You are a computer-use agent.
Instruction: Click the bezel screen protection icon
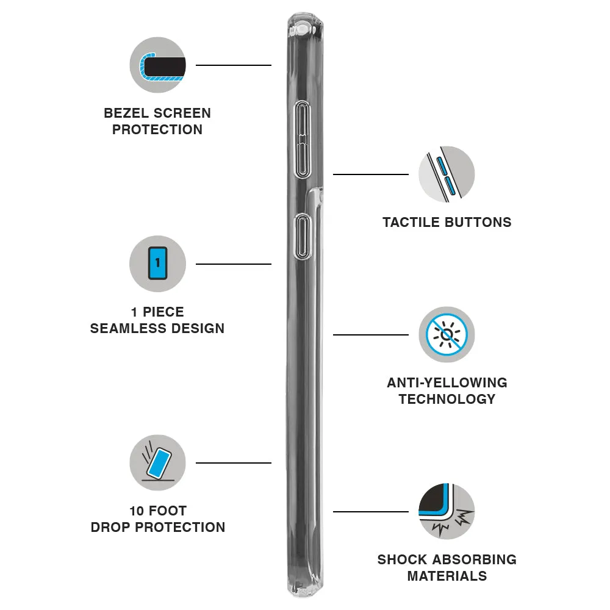(x=157, y=65)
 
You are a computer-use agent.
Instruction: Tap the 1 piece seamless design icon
(x=157, y=264)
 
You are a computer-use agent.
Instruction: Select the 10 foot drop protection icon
(x=157, y=462)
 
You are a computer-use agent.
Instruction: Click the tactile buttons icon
(x=447, y=174)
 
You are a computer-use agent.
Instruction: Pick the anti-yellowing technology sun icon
(x=447, y=334)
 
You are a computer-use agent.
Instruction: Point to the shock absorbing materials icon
(x=447, y=511)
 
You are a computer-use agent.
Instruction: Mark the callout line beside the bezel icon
(x=233, y=65)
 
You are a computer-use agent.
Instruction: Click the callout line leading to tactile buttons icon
(x=370, y=174)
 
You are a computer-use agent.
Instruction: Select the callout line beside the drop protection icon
(x=233, y=462)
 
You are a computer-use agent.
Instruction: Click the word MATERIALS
(x=447, y=576)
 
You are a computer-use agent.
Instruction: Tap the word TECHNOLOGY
(x=447, y=400)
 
